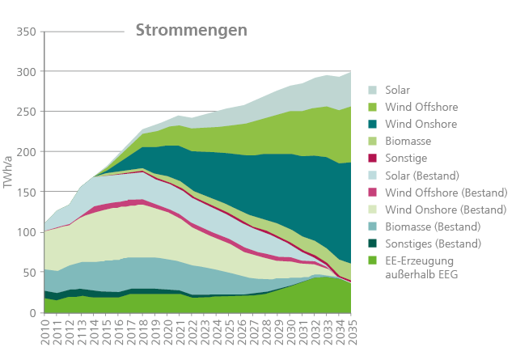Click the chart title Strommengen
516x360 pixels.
point(191,30)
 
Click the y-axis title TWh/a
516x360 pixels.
point(9,172)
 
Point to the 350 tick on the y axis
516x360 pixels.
point(26,32)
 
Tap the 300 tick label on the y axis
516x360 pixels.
point(26,72)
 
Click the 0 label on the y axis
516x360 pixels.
point(32,313)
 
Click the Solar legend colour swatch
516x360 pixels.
point(374,90)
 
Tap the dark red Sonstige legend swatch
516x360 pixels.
point(374,158)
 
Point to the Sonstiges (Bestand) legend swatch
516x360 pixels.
point(374,243)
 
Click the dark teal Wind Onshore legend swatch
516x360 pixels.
point(374,124)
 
